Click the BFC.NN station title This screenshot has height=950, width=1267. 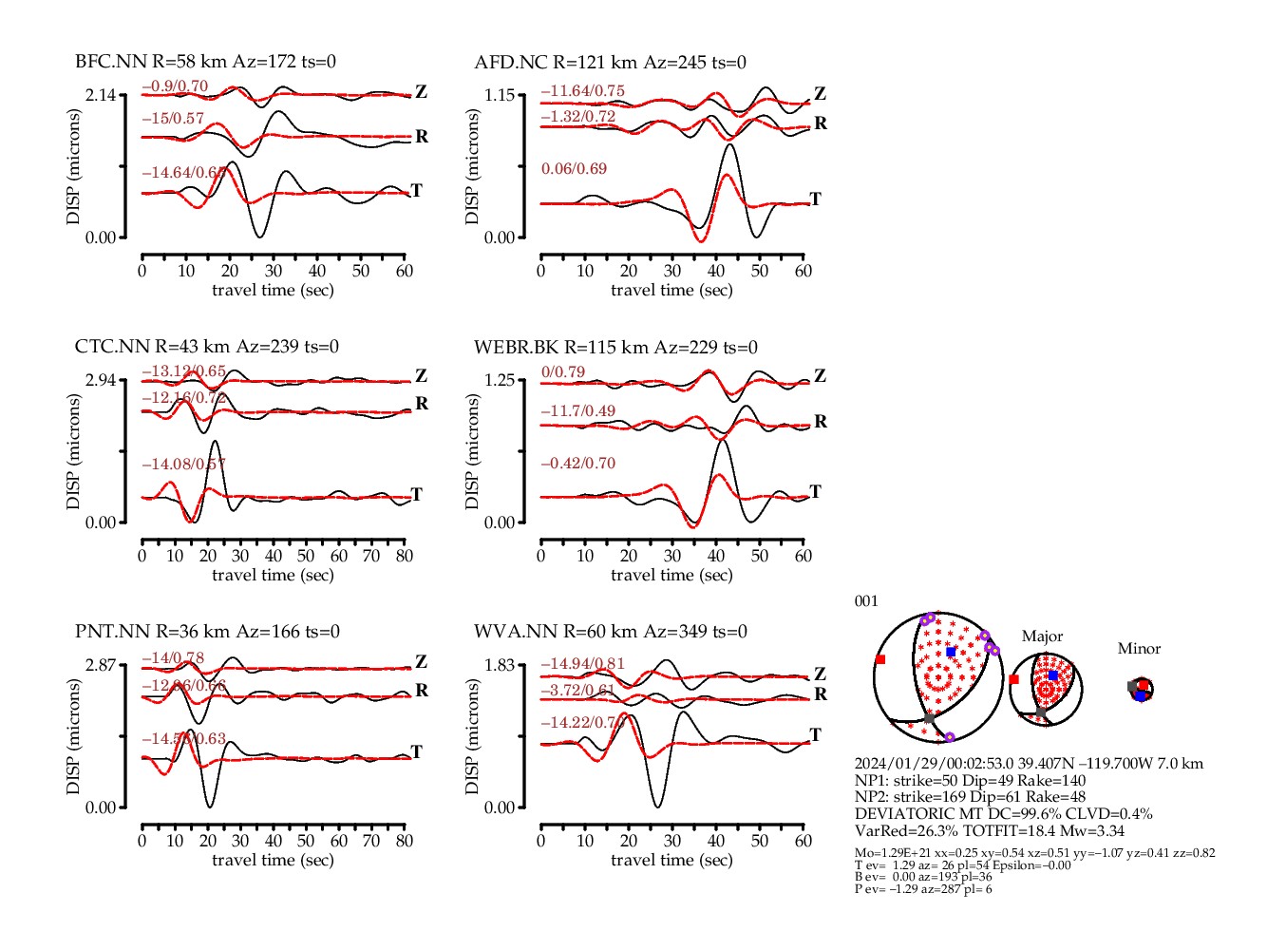click(x=205, y=62)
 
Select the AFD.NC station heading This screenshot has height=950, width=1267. click(x=610, y=62)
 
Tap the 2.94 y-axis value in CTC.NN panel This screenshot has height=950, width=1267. click(x=100, y=380)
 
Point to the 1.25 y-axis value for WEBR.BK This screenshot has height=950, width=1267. click(x=499, y=380)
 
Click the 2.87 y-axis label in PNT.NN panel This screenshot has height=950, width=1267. click(x=100, y=665)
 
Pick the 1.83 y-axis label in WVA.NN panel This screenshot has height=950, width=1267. click(x=499, y=665)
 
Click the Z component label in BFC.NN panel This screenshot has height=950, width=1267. click(x=421, y=92)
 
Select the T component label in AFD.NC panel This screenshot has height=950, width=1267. click(x=815, y=199)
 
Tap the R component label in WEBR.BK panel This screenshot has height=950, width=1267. click(x=821, y=421)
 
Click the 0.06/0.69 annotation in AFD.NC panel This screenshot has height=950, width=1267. click(x=574, y=169)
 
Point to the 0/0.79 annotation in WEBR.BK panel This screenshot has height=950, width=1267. click(x=563, y=372)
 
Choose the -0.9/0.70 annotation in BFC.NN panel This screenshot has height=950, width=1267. click(x=175, y=86)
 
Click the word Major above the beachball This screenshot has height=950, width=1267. click(x=1042, y=636)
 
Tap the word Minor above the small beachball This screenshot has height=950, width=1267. click(x=1139, y=649)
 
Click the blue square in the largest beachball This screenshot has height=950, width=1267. click(x=951, y=652)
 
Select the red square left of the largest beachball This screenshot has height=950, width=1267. click(x=880, y=659)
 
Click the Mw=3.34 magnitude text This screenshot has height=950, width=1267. click(x=1091, y=830)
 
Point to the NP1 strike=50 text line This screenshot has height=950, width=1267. click(x=970, y=780)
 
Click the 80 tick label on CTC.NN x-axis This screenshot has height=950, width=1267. click(x=405, y=556)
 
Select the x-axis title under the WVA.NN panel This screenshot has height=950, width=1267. click(x=671, y=860)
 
